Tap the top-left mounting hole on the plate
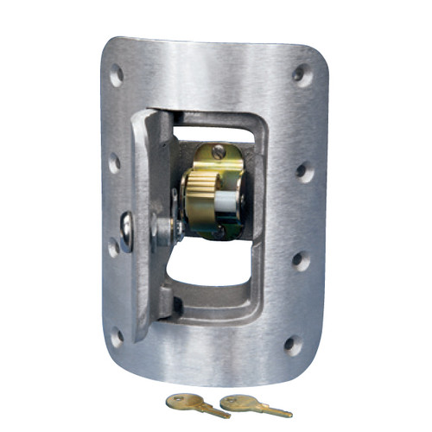point(116,75)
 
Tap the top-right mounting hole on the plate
point(302,74)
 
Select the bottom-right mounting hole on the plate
point(293,345)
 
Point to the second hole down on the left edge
point(114,162)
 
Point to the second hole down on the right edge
point(304,171)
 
